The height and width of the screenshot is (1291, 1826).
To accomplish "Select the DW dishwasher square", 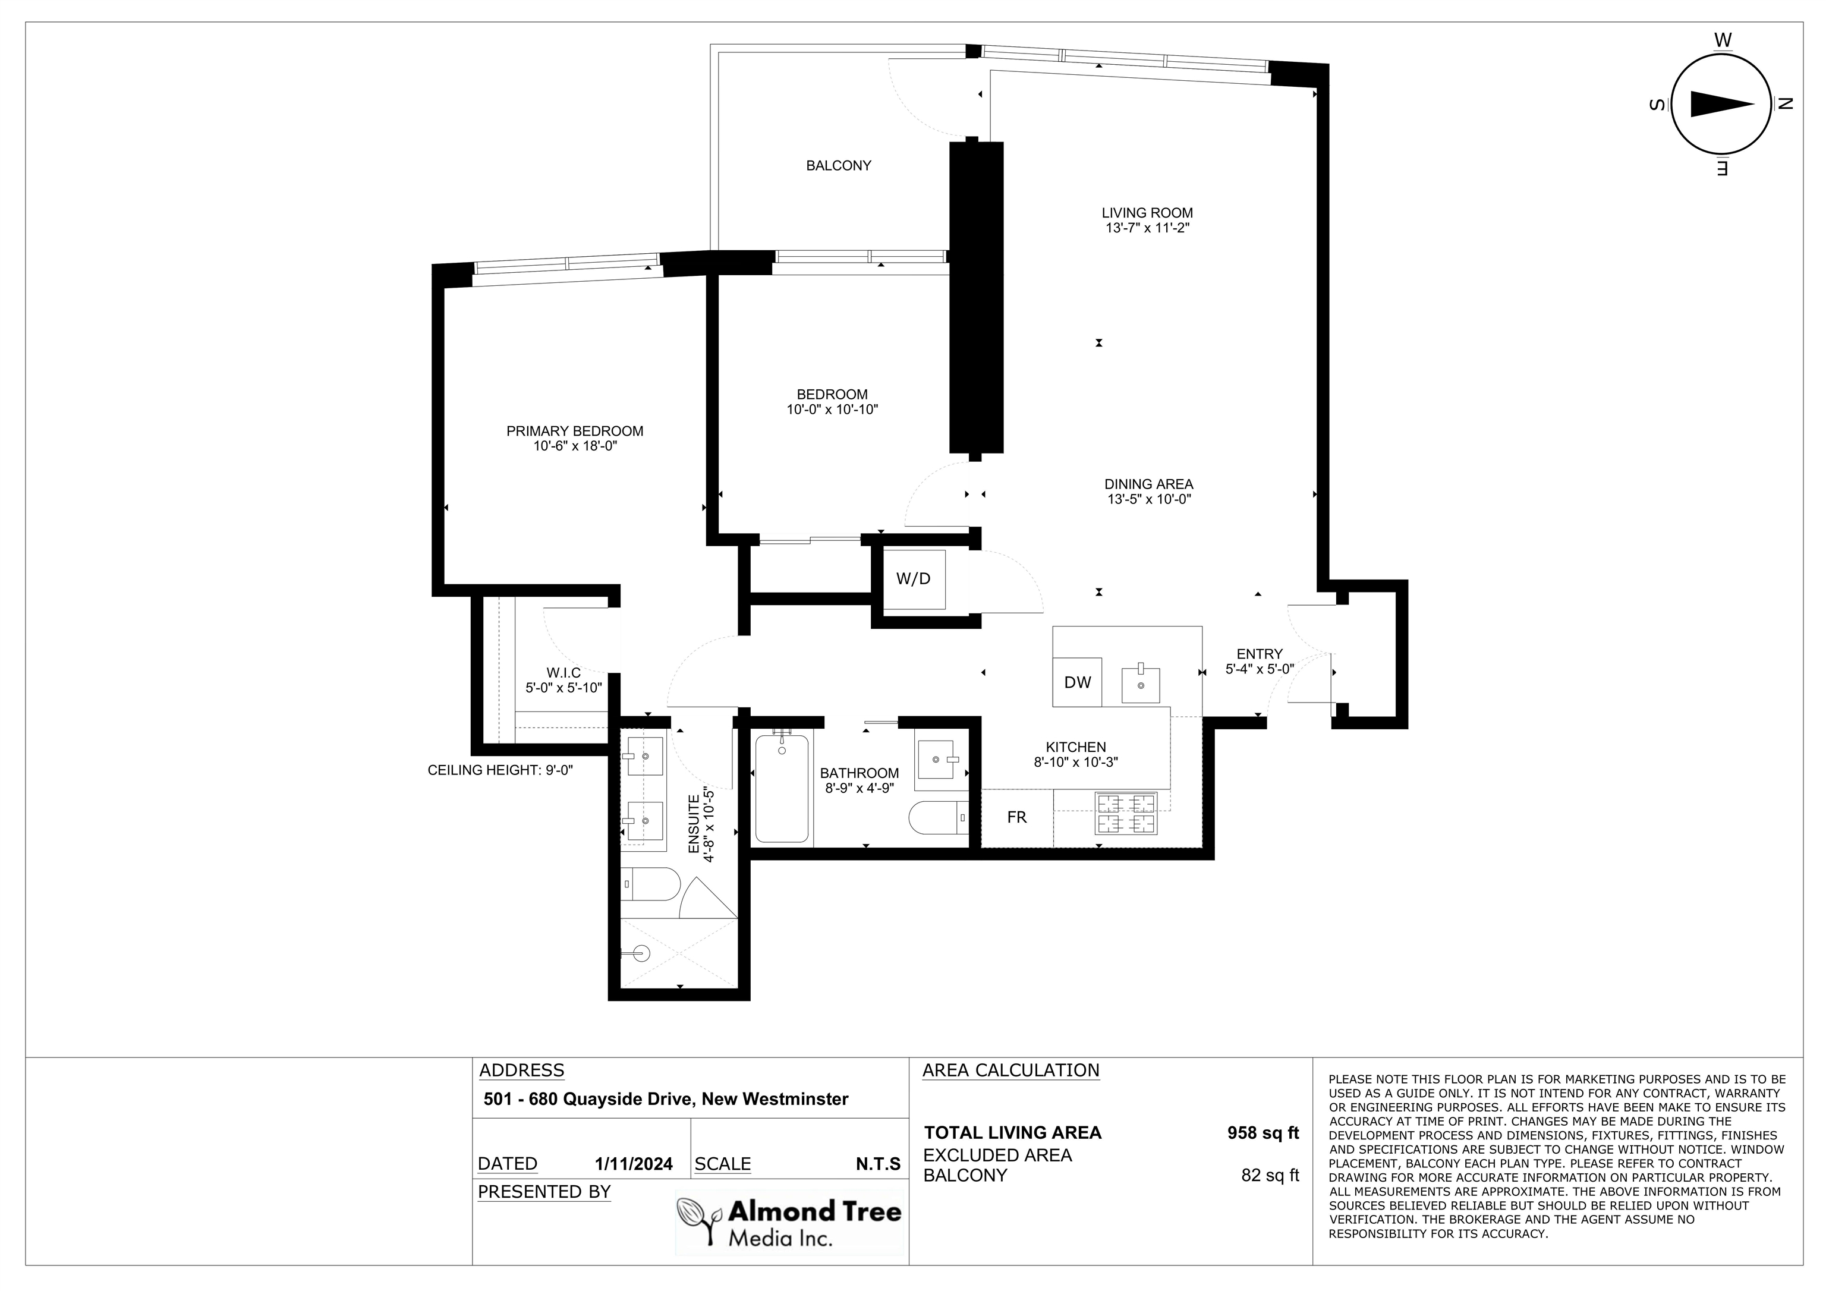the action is point(1078,682).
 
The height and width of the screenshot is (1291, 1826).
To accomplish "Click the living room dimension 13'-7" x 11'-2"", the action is point(1147,228).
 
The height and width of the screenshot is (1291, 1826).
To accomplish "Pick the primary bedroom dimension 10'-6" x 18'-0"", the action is point(575,446).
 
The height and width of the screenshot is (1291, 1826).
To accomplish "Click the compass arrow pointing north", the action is point(1722,104).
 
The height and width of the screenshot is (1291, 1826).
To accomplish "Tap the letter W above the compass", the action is point(1723,40).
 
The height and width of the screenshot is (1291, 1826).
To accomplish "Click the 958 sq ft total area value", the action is point(1263,1133).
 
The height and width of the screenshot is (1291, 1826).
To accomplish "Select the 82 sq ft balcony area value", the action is point(1270,1175).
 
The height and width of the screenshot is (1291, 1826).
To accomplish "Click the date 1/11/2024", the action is point(634,1164).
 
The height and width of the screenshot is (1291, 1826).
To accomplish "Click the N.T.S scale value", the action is point(878,1164).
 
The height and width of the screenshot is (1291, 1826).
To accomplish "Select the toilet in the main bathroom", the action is point(939,818).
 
